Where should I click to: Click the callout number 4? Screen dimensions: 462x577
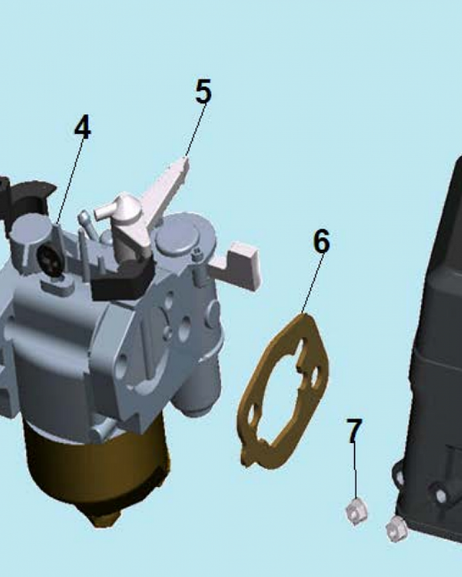coord(82,127)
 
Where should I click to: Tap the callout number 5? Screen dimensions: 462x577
coord(203,91)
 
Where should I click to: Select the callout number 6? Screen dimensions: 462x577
coord(322,241)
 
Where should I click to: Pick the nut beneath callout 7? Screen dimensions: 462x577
coord(356,511)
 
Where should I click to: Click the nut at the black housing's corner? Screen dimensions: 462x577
coord(396,529)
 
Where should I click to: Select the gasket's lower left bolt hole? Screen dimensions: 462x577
coord(252,415)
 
